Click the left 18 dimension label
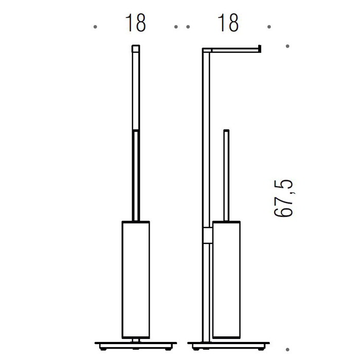(135, 23)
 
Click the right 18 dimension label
(228, 23)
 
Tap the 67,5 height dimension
(284, 198)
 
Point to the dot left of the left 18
(95, 27)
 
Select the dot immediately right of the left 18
(176, 27)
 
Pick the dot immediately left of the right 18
(188, 27)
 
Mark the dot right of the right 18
(269, 27)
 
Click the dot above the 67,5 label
(287, 46)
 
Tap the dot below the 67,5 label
(287, 350)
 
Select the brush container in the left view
(136, 280)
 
